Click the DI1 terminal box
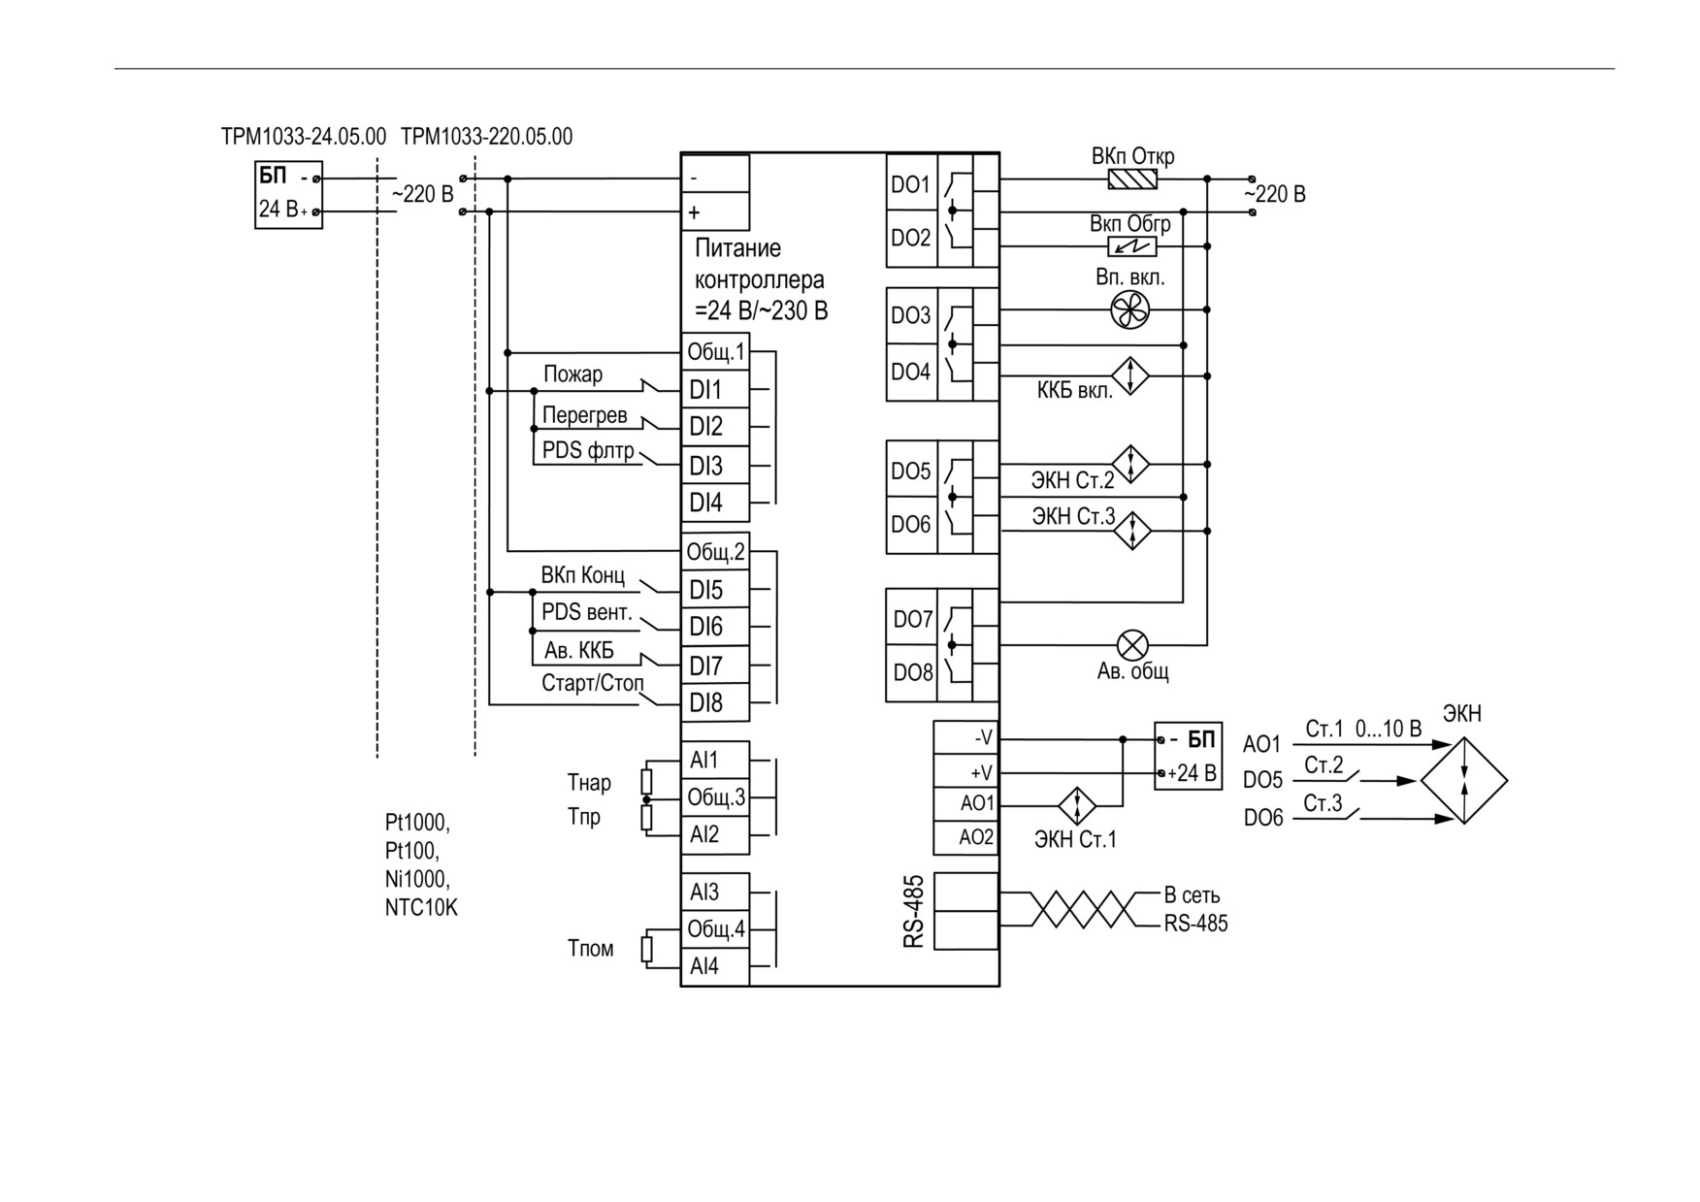[715, 389]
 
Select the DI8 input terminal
[715, 702]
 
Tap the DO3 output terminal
[911, 315]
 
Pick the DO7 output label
[912, 619]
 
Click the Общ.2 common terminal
[715, 552]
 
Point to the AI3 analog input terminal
[715, 892]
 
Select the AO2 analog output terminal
[966, 837]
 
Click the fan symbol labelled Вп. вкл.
[1129, 310]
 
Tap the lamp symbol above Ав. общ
[1132, 644]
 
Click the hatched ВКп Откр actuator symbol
[1132, 179]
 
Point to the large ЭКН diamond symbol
[1464, 780]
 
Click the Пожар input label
[572, 374]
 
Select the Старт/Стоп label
[592, 683]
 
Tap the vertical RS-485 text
[914, 911]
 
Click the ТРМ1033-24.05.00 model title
[304, 136]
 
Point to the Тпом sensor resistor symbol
[647, 948]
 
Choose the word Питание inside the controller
[737, 248]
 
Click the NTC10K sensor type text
[421, 908]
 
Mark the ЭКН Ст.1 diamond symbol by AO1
[1076, 805]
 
